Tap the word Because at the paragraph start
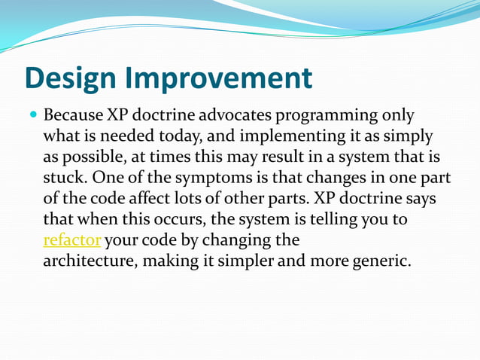click(x=73, y=117)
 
